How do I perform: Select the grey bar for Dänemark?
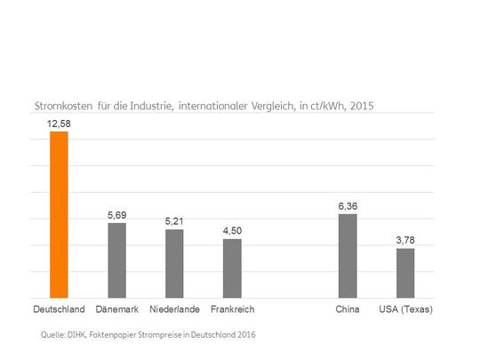click(116, 260)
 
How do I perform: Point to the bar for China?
click(348, 255)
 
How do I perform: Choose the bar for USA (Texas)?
click(405, 273)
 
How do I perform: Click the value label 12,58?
click(59, 124)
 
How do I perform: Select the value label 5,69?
click(116, 214)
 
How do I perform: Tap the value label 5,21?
click(174, 221)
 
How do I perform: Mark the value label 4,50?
click(232, 230)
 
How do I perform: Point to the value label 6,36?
click(348, 206)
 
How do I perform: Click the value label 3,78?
click(405, 240)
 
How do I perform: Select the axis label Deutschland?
click(59, 309)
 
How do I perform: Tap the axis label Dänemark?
click(116, 309)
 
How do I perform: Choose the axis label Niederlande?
click(174, 309)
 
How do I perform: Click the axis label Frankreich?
click(232, 309)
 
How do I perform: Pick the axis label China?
click(348, 309)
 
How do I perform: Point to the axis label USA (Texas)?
click(405, 309)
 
